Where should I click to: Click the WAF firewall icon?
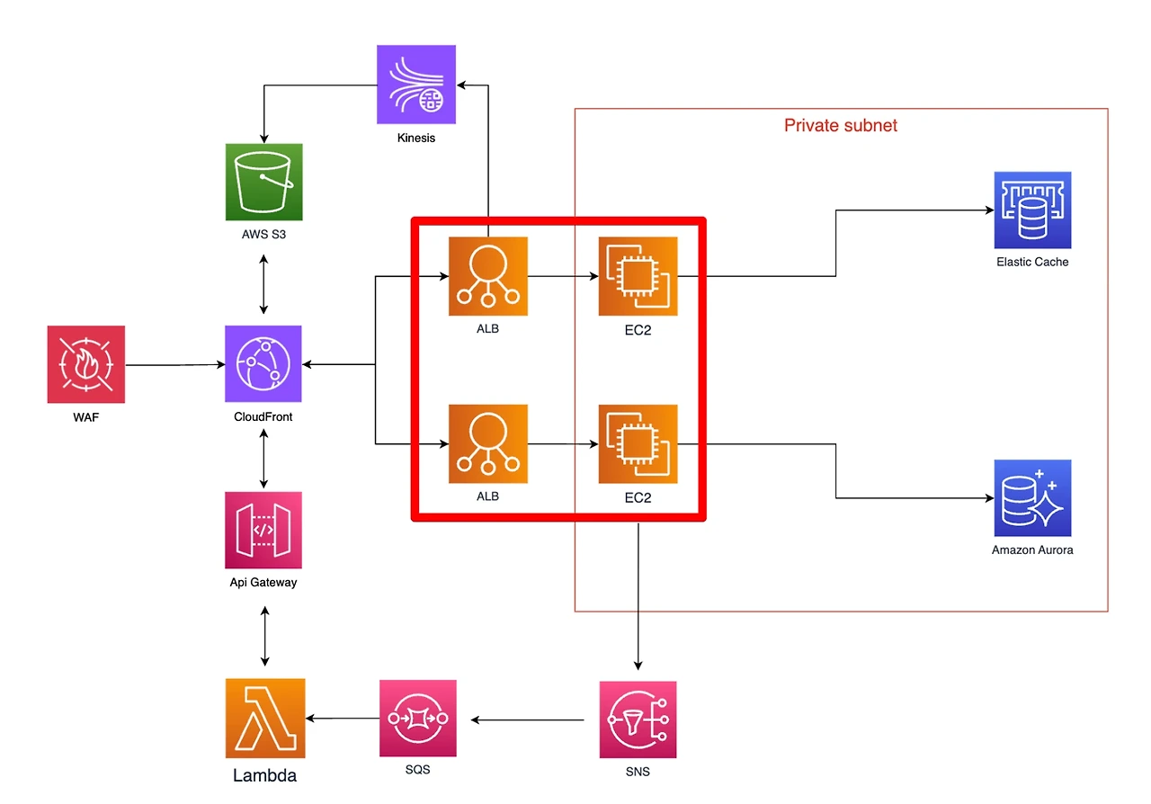point(85,364)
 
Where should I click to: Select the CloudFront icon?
point(263,363)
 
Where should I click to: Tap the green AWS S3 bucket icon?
point(263,182)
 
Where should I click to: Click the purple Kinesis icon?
point(415,85)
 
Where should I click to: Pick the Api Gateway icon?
point(263,530)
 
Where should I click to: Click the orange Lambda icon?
point(265,719)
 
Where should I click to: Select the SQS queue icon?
point(418,719)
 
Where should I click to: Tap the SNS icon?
point(638,719)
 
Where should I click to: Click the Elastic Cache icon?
point(1032,210)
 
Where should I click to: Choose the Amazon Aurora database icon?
point(1032,498)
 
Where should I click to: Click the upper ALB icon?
point(487,276)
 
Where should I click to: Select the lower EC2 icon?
point(638,444)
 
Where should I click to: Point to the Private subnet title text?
point(841,125)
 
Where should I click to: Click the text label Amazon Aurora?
point(1032,550)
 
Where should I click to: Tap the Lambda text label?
point(264,775)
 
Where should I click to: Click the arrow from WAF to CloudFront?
point(175,364)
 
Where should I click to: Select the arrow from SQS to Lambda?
point(343,719)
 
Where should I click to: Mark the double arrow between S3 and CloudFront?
point(263,284)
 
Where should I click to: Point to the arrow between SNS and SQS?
point(527,719)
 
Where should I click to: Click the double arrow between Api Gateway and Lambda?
point(264,636)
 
